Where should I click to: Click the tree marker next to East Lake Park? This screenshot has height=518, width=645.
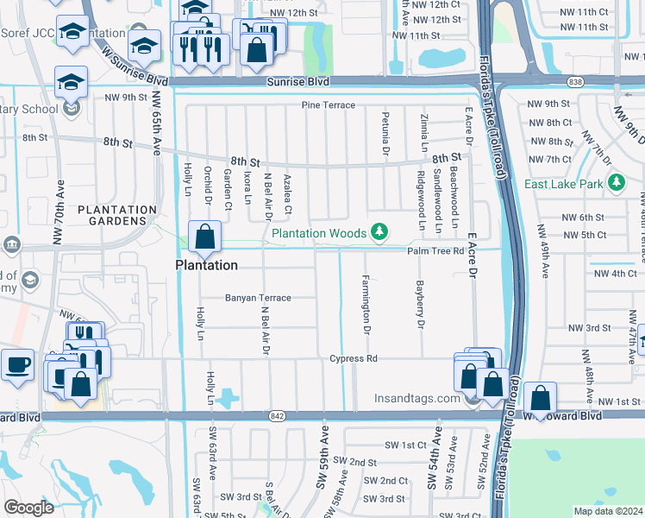[616, 182]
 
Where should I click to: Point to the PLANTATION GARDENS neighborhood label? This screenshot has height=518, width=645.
[117, 216]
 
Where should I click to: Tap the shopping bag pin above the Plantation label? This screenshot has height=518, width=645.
[205, 237]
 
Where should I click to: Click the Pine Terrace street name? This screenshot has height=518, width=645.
[328, 105]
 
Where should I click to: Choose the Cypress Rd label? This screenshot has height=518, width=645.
[354, 358]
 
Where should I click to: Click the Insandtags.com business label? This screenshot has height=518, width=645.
[416, 399]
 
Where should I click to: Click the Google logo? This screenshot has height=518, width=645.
[29, 508]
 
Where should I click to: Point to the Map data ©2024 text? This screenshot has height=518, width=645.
[608, 511]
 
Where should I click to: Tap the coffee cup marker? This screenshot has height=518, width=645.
[18, 365]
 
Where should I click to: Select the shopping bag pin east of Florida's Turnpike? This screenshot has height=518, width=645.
[540, 399]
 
